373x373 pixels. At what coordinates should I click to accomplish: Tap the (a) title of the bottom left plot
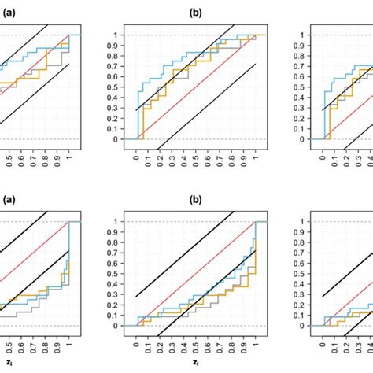pyautogui.click(x=7, y=200)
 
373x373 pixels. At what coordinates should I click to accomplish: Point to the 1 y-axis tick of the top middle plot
pyautogui.click(x=116, y=35)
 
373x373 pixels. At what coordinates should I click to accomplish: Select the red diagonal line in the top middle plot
pyautogui.click(x=197, y=87)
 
